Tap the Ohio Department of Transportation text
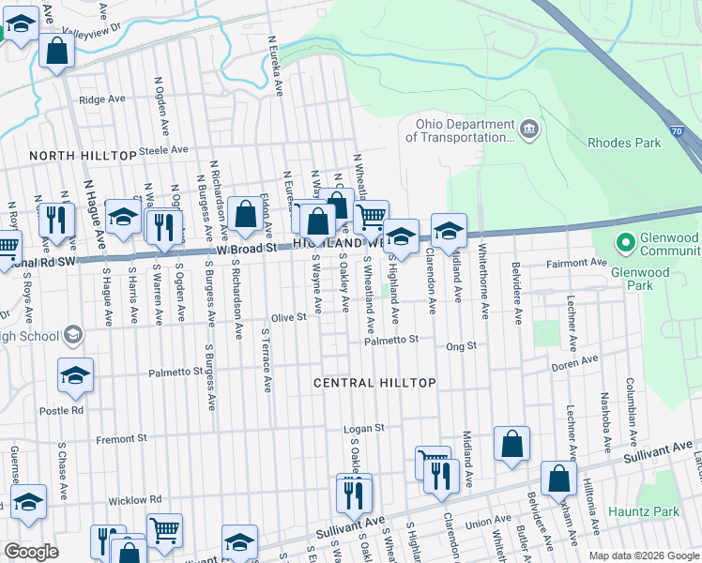(x=460, y=130)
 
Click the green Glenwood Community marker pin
(x=625, y=243)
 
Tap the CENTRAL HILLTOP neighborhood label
(x=374, y=383)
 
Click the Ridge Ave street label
(x=102, y=99)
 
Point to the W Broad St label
(x=247, y=250)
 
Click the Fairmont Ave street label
(x=575, y=265)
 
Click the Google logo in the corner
(x=31, y=551)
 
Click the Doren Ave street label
(x=574, y=362)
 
